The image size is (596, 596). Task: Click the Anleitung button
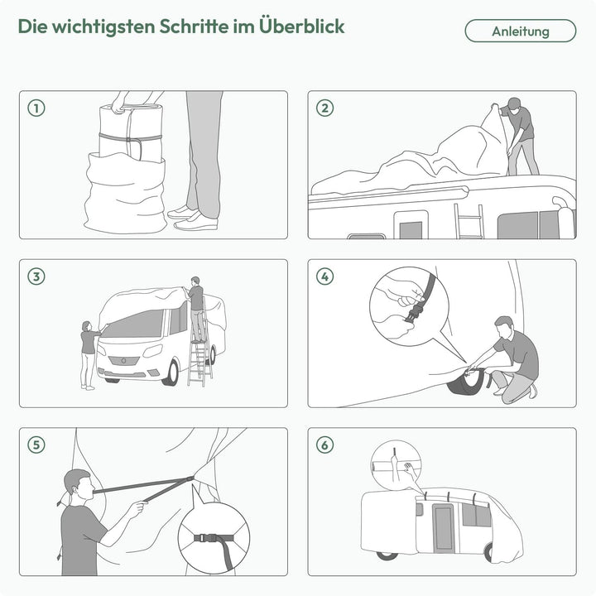click(520, 31)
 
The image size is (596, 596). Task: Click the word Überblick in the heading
click(301, 26)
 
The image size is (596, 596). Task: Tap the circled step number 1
click(36, 108)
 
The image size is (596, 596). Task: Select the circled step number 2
click(324, 108)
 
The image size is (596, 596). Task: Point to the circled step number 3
click(36, 276)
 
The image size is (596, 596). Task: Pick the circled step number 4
click(324, 276)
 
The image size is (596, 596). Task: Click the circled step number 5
click(36, 445)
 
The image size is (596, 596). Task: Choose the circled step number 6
click(324, 445)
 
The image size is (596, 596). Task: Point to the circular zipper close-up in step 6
click(395, 464)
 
